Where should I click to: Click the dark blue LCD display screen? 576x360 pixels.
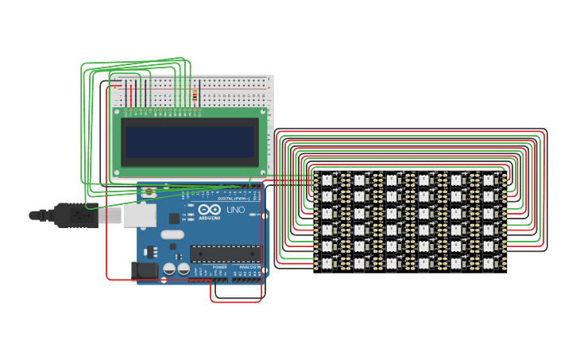tap(190, 142)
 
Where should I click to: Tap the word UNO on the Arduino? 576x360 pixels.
tap(236, 210)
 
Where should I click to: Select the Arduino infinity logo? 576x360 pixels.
tap(209, 210)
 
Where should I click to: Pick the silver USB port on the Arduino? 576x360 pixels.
tap(139, 215)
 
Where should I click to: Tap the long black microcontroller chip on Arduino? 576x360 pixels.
tap(225, 254)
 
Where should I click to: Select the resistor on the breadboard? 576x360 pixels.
tap(195, 96)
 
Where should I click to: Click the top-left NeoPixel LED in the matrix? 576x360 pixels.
tap(327, 180)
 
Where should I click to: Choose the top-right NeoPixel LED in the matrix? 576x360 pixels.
tap(489, 180)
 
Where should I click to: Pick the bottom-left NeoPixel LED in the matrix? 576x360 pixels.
tap(327, 261)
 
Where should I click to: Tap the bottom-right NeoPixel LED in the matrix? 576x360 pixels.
tap(489, 261)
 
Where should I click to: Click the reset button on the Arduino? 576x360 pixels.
tap(149, 192)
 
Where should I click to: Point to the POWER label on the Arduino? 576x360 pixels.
tap(219, 267)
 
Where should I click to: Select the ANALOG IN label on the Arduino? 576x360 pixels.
tap(249, 267)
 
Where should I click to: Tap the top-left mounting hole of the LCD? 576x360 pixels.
tap(117, 114)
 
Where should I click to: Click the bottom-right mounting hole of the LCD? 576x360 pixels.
tap(263, 172)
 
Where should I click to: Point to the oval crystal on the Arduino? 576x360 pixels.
tap(172, 234)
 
